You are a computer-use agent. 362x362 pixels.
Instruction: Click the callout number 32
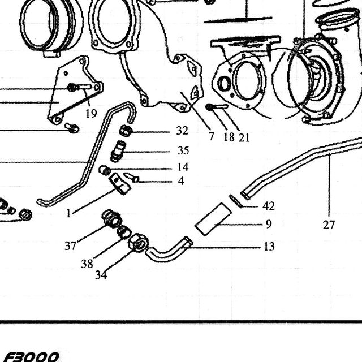[x=182, y=131]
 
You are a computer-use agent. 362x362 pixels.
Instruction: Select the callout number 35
[x=183, y=150]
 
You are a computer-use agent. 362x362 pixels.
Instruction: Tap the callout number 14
[x=183, y=167]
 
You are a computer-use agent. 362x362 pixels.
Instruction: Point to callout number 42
[x=269, y=206]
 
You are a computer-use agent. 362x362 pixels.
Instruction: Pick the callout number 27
[x=329, y=225]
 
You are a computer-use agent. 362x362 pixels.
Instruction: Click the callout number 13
[x=269, y=247]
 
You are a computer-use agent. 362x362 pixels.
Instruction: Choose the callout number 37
[x=70, y=246]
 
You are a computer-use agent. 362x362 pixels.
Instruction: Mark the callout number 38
[x=87, y=264]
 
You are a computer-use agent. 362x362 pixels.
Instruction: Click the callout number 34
[x=101, y=275]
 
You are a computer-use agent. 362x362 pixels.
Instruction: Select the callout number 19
[x=91, y=113]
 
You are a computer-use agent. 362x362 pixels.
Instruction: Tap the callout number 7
[x=211, y=136]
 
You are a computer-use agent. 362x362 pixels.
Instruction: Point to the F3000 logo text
[x=31, y=357]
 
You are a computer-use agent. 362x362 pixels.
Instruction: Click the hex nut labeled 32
[x=126, y=131]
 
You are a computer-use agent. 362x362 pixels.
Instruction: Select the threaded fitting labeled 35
[x=118, y=151]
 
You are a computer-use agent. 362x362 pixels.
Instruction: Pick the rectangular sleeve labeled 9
[x=213, y=219]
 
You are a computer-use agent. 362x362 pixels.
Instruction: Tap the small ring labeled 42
[x=235, y=201]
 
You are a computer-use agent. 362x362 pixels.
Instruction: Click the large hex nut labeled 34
[x=138, y=243]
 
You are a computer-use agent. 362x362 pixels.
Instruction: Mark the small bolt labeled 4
[x=132, y=177]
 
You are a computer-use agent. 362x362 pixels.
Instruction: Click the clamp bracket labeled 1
[x=119, y=184]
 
